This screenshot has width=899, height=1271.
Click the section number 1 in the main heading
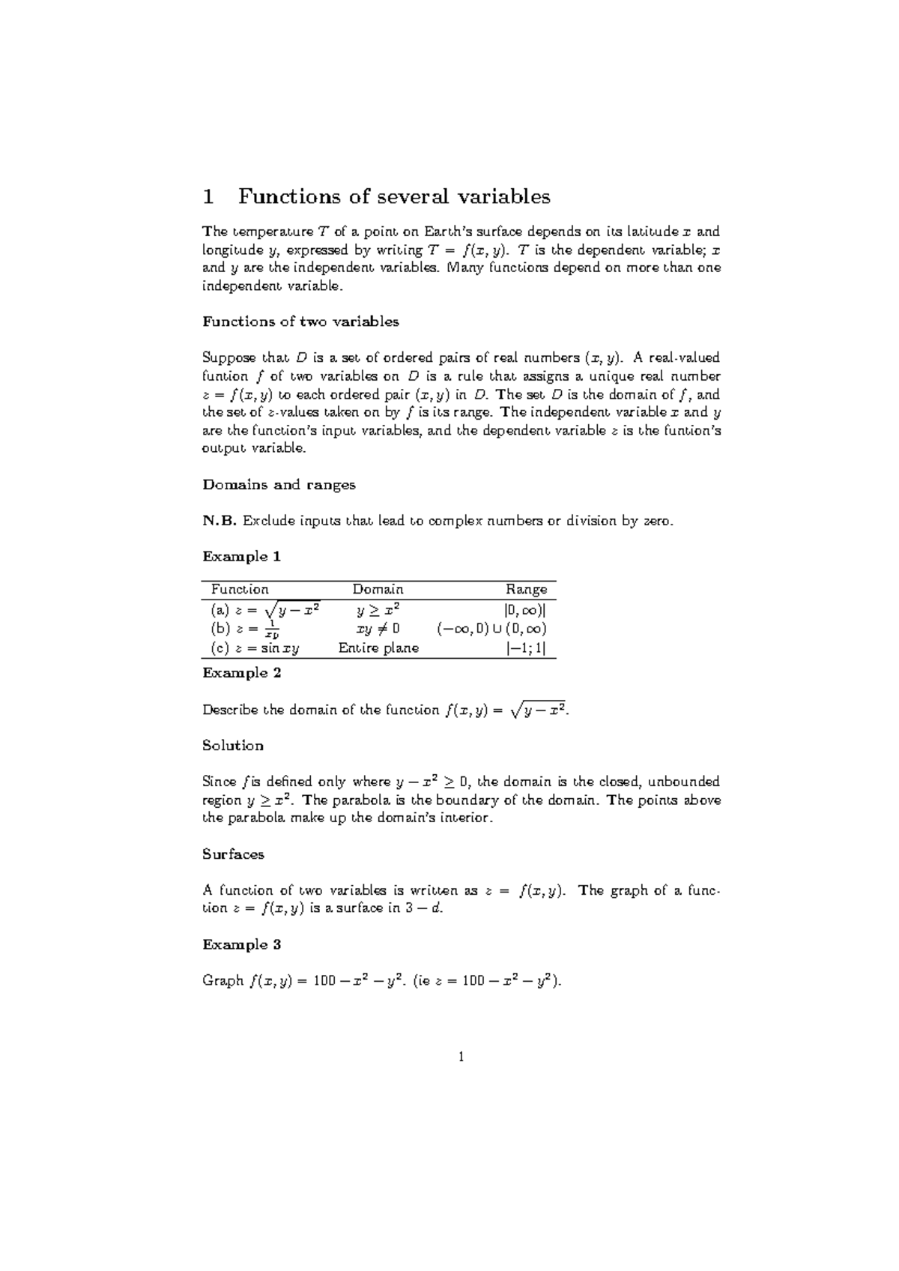[x=209, y=197]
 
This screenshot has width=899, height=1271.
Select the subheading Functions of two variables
[x=300, y=321]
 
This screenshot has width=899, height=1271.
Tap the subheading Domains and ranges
[x=279, y=485]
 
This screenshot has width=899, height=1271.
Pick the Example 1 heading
[x=241, y=557]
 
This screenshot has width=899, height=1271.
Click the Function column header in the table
[x=240, y=590]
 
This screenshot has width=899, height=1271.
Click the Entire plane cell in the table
[x=378, y=648]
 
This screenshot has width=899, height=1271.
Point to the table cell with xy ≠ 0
[x=378, y=629]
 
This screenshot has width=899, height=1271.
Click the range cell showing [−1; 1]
[x=530, y=648]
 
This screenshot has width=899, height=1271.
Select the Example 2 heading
[x=241, y=673]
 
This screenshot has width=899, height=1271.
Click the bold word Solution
[x=233, y=746]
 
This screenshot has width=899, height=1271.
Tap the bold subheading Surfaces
[x=233, y=854]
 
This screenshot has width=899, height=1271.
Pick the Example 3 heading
[x=241, y=945]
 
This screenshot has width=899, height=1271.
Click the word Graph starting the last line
[x=223, y=981]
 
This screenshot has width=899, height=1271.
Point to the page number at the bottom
[x=461, y=1057]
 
